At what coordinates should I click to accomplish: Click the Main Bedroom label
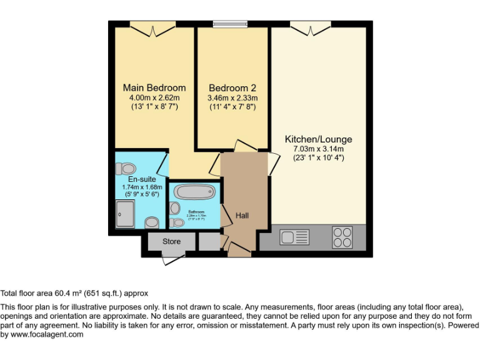[154, 87]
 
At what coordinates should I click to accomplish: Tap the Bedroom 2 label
[232, 88]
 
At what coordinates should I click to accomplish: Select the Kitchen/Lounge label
[319, 139]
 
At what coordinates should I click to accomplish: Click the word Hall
[242, 216]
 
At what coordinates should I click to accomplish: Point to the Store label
[171, 241]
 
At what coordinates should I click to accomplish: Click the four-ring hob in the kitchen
[342, 237]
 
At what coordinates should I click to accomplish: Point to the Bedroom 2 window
[232, 25]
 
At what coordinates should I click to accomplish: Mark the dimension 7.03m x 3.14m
[319, 149]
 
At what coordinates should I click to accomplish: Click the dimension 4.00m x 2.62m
[154, 97]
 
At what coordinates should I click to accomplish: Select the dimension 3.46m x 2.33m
[232, 98]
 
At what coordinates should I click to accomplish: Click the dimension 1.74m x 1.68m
[142, 187]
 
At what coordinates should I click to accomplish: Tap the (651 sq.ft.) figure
[105, 292]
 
